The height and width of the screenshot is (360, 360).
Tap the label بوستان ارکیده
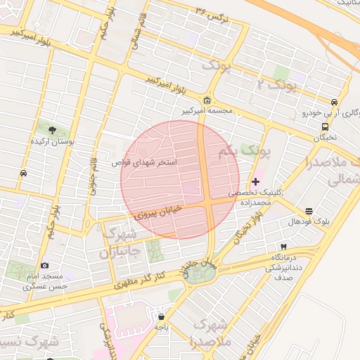pyautogui.click(x=51, y=141)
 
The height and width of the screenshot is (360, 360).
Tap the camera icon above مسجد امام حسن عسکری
pyautogui.click(x=45, y=265)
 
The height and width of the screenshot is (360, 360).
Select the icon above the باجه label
pyautogui.click(x=161, y=316)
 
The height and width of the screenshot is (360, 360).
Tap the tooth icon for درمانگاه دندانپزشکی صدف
pyautogui.click(x=283, y=247)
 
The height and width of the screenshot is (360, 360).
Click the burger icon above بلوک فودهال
pyautogui.click(x=309, y=210)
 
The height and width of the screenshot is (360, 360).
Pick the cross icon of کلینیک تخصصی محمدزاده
pyautogui.click(x=255, y=181)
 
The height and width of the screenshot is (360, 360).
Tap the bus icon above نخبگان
pyautogui.click(x=325, y=127)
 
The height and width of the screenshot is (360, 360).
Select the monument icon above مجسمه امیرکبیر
pyautogui.click(x=207, y=100)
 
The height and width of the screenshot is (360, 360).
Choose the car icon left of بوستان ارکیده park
pyautogui.click(x=24, y=173)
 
